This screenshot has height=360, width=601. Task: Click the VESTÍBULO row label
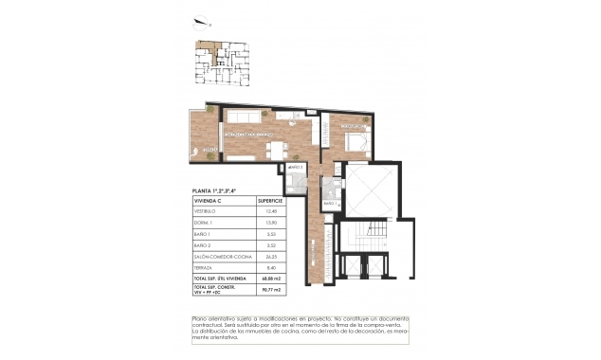(x=208, y=211)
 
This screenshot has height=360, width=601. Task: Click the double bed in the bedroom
(x=355, y=140)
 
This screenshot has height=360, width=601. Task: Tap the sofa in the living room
(x=246, y=117)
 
